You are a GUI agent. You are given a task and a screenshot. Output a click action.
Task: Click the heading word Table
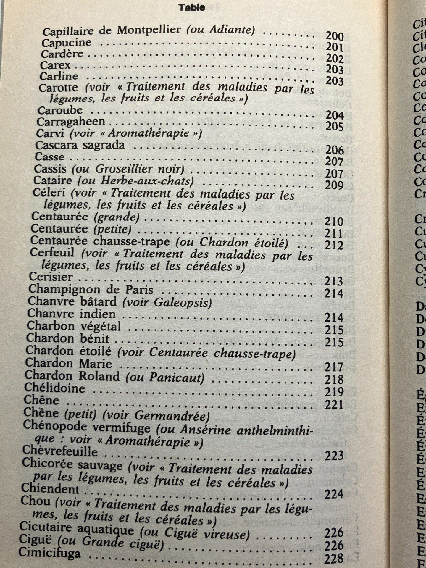tap(192, 8)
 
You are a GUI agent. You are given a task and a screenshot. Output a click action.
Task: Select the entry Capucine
tap(66, 43)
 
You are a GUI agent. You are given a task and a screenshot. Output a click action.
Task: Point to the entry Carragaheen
tap(71, 122)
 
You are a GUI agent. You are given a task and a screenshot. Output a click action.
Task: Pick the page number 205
tap(334, 126)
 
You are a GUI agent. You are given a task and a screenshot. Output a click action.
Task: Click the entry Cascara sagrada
tap(80, 145)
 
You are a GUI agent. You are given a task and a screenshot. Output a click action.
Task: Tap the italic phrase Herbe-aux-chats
tap(147, 180)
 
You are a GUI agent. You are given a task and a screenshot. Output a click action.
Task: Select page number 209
tap(334, 185)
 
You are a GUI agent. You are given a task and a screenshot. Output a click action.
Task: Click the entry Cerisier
tap(51, 277)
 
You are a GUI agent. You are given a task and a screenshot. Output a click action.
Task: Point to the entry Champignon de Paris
tap(91, 289)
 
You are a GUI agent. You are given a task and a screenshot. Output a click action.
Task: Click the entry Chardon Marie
tap(69, 363)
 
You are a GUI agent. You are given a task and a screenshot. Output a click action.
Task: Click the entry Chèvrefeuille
tap(60, 452)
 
